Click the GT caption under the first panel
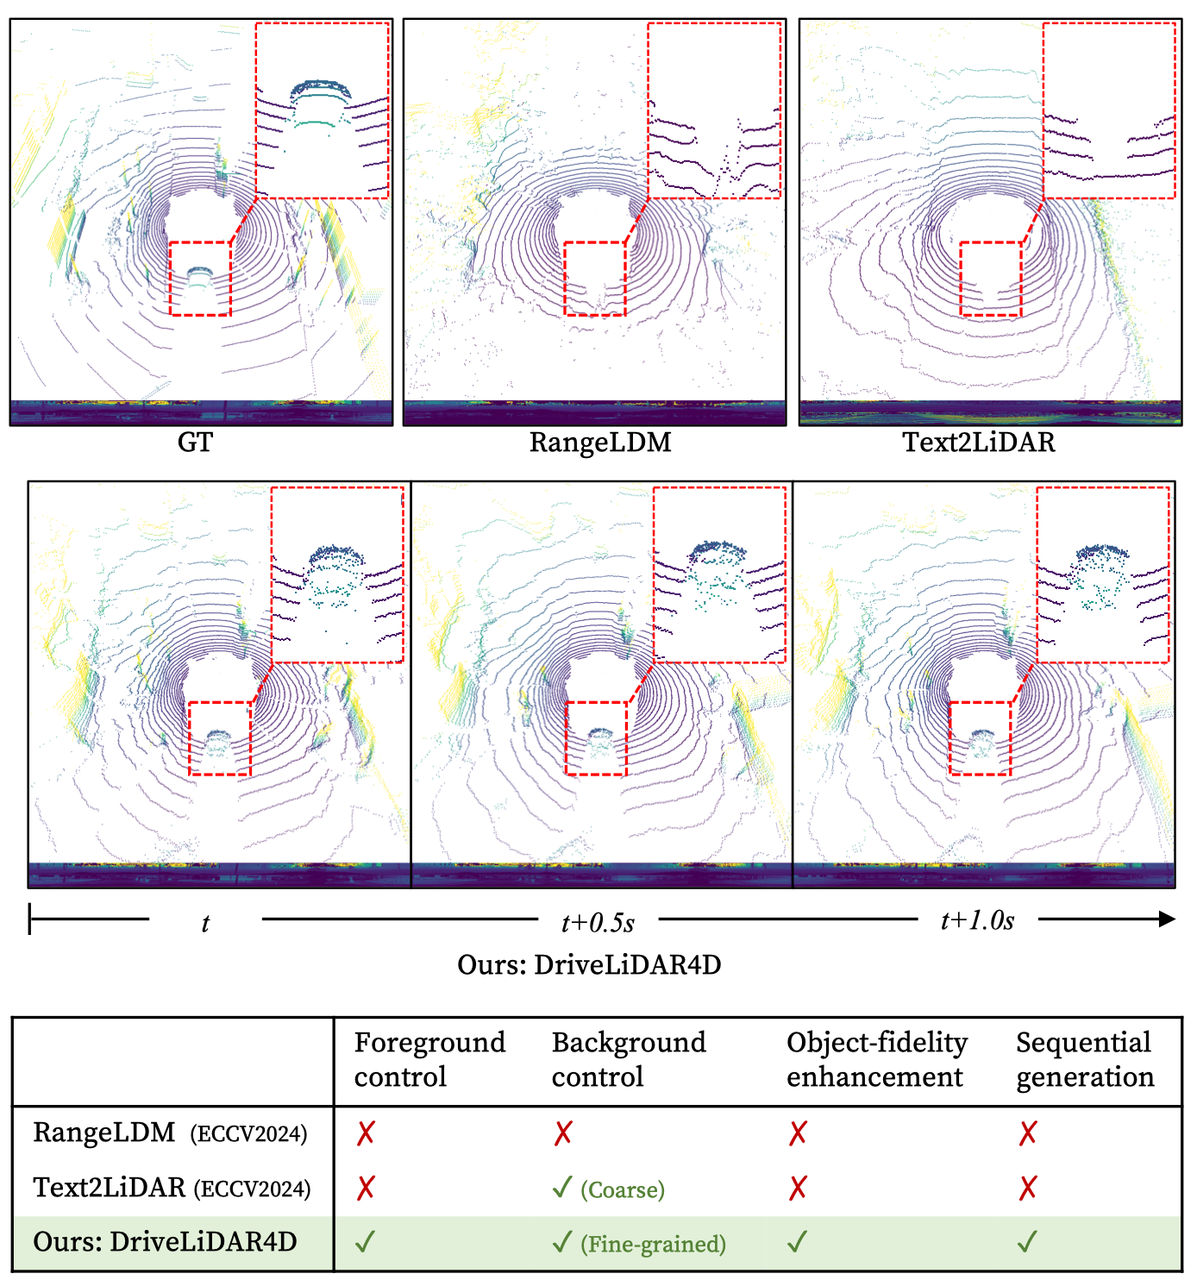pos(195,442)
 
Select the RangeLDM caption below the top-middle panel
pos(599,442)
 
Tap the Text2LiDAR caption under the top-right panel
pos(978,442)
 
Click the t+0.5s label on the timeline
pos(598,923)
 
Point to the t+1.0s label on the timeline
pos(977,921)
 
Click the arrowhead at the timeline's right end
pos(1167,919)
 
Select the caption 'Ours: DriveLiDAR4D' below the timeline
pos(589,964)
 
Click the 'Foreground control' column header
pos(429,1059)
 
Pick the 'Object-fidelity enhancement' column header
pos(876,1059)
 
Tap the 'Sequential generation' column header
pos(1084,1059)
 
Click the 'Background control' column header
pos(629,1059)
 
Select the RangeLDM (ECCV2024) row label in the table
pos(170,1133)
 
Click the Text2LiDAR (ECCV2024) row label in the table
pos(172,1189)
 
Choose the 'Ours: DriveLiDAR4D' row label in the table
pos(165,1242)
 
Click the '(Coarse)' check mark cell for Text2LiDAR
pos(609,1189)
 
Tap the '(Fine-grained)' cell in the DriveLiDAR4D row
pos(639,1244)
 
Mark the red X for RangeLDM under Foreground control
pos(366,1133)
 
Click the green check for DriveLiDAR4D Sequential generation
pos(1027,1242)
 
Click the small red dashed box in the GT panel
pos(200,279)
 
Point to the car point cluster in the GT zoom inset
pos(321,104)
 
